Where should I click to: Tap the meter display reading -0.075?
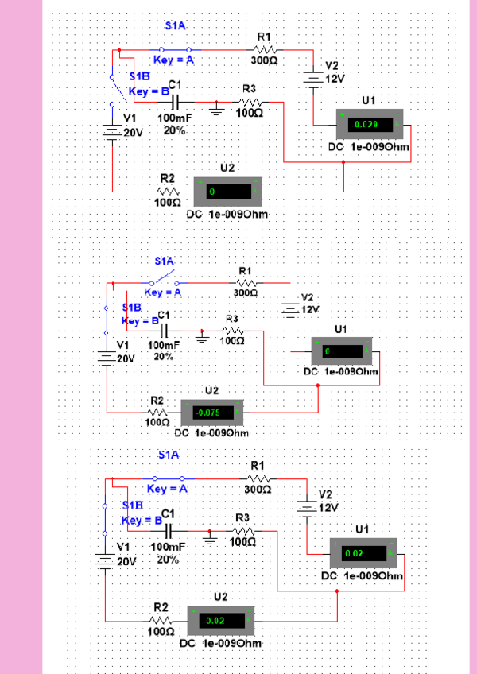[212, 413]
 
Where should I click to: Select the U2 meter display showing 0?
[227, 192]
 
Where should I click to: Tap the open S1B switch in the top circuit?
[115, 87]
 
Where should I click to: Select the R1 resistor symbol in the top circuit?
[265, 49]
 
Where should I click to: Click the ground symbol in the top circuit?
[216, 107]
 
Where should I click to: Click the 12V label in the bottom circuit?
[329, 507]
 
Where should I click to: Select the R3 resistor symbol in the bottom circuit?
[243, 531]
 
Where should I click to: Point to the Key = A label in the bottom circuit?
[167, 489]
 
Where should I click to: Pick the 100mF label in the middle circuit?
[165, 346]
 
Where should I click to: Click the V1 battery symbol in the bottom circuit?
[104, 560]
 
